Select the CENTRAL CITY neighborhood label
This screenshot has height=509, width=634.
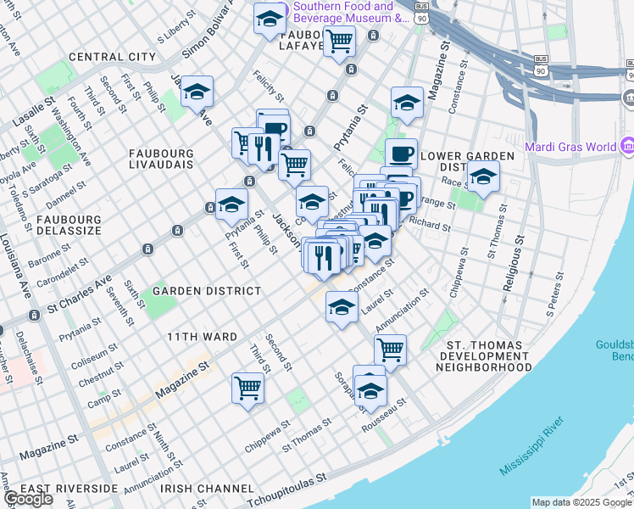click(x=112, y=57)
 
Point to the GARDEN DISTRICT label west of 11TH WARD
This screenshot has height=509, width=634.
click(x=207, y=291)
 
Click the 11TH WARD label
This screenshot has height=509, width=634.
click(x=202, y=337)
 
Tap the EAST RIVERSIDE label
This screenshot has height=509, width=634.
click(x=70, y=489)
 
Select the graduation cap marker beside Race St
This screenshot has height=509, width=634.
click(x=483, y=177)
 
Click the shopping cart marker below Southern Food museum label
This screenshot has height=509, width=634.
click(x=339, y=39)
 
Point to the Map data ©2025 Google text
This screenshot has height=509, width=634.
click(x=581, y=502)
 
